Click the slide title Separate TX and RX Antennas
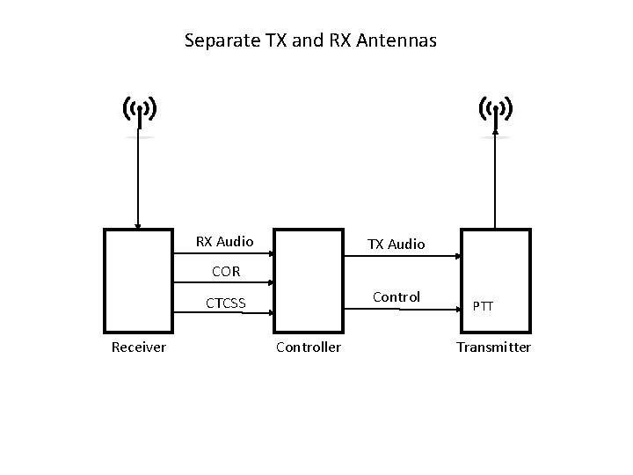click(x=310, y=40)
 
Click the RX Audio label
click(x=224, y=241)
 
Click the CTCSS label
click(x=226, y=304)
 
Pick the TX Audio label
click(x=396, y=244)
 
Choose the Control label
click(x=397, y=297)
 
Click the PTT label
click(x=483, y=306)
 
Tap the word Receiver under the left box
click(x=138, y=347)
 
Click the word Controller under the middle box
click(x=309, y=347)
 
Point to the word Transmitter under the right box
click(x=493, y=347)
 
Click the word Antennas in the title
click(x=398, y=40)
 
